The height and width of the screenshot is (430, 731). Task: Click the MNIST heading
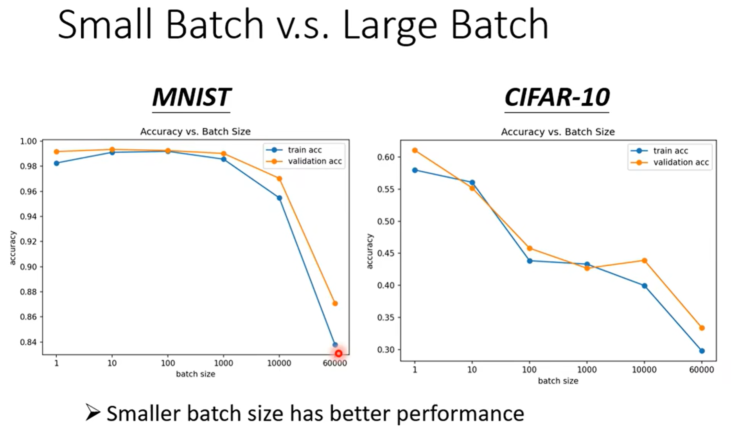pyautogui.click(x=191, y=97)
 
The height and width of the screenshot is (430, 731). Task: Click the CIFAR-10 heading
pyautogui.click(x=557, y=97)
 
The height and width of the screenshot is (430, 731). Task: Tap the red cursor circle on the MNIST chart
pyautogui.click(x=338, y=353)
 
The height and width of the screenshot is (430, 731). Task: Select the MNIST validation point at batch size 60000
pyautogui.click(x=335, y=303)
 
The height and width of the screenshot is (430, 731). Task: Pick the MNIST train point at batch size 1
pyautogui.click(x=57, y=163)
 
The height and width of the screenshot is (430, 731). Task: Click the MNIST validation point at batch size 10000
pyautogui.click(x=279, y=178)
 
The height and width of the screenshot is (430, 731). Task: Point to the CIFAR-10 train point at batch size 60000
pyautogui.click(x=702, y=351)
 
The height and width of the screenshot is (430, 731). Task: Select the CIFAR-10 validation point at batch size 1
pyautogui.click(x=415, y=150)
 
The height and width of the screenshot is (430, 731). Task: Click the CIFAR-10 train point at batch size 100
pyautogui.click(x=530, y=261)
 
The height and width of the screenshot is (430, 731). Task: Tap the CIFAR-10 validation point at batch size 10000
pyautogui.click(x=644, y=261)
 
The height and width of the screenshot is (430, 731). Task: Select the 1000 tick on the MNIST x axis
pyautogui.click(x=223, y=363)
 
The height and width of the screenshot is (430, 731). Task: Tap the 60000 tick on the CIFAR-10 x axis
pyautogui.click(x=702, y=370)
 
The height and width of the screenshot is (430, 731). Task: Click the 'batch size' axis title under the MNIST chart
pyautogui.click(x=195, y=374)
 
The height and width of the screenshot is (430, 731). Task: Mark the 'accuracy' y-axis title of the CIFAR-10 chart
pyautogui.click(x=370, y=251)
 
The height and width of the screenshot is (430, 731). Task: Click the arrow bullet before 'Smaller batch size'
pyautogui.click(x=93, y=412)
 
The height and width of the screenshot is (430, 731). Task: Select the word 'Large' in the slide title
pyautogui.click(x=390, y=25)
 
